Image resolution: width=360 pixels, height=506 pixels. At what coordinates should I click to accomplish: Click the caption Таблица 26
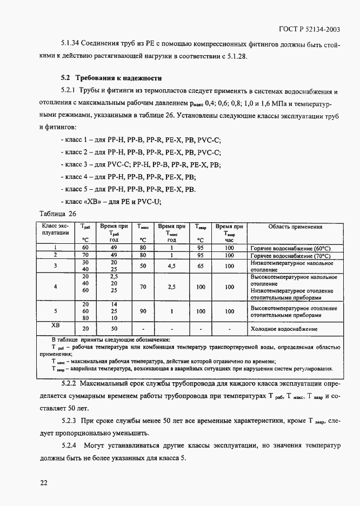[57, 214]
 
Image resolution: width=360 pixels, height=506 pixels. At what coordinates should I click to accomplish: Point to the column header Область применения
[295, 227]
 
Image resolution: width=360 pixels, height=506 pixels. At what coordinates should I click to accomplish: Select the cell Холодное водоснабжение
[283, 329]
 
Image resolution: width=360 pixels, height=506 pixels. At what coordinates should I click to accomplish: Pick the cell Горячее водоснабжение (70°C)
[290, 255]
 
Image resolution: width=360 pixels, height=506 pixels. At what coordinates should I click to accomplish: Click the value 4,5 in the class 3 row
[171, 265]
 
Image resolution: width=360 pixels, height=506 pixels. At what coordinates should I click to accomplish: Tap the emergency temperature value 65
[201, 265]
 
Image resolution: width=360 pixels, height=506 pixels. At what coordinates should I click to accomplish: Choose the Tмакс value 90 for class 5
[143, 311]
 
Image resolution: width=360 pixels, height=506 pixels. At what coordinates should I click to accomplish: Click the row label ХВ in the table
[55, 325]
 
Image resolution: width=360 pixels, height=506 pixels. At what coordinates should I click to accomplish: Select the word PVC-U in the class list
[149, 202]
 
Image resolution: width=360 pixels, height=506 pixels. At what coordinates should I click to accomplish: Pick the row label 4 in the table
[55, 287]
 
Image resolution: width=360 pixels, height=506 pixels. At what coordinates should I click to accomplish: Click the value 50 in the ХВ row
[114, 329]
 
